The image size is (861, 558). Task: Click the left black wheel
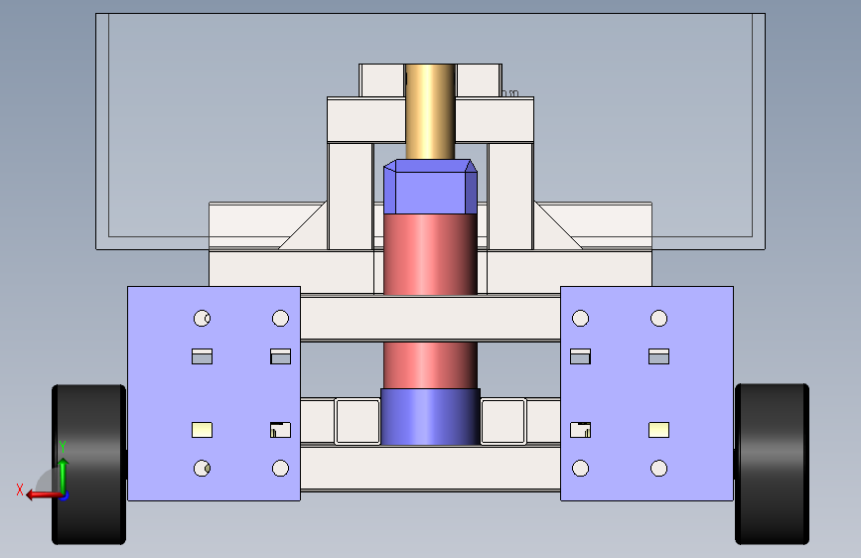tap(89, 465)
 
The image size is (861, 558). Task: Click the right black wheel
tap(772, 464)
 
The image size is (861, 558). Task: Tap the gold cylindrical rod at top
tap(431, 112)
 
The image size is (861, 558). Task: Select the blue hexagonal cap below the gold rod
tap(431, 187)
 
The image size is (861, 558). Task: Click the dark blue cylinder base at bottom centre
tap(431, 417)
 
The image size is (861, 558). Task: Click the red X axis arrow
tap(44, 494)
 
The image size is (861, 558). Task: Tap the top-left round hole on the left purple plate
tap(202, 319)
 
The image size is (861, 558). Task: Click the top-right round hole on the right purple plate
tap(659, 319)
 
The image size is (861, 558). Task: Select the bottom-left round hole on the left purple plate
tap(202, 469)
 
